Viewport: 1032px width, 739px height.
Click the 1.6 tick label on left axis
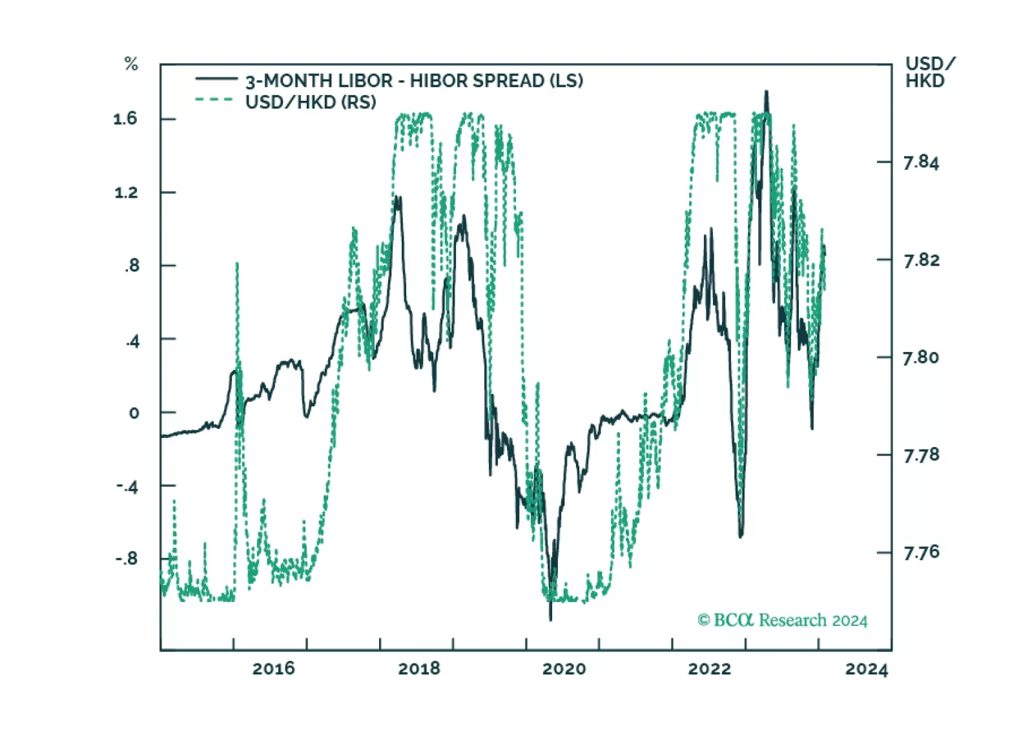pos(125,119)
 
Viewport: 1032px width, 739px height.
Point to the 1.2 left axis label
pos(126,193)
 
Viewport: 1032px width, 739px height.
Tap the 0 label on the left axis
pos(134,413)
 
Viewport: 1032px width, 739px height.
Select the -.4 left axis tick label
pos(127,487)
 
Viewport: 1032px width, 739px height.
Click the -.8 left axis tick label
pos(127,559)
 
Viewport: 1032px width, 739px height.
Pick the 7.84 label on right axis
pos(921,162)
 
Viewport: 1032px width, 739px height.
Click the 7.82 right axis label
pos(921,260)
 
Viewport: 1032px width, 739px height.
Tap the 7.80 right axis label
pos(921,358)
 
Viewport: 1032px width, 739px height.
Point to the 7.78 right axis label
pos(921,455)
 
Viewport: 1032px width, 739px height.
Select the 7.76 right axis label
pos(921,553)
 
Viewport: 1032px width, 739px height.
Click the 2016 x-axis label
pos(273,669)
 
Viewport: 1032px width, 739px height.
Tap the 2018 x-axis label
pos(418,669)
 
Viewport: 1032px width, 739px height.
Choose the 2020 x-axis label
pos(564,669)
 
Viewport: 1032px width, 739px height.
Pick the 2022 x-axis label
pos(709,669)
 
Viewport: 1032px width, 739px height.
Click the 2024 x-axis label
pos(867,669)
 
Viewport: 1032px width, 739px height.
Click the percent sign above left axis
pos(131,64)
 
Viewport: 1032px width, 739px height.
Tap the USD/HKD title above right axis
pos(929,72)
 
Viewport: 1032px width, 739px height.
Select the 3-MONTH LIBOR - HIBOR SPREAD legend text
pos(414,81)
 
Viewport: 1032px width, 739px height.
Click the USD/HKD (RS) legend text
pos(310,102)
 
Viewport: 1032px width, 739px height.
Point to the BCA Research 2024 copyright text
pos(782,620)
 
